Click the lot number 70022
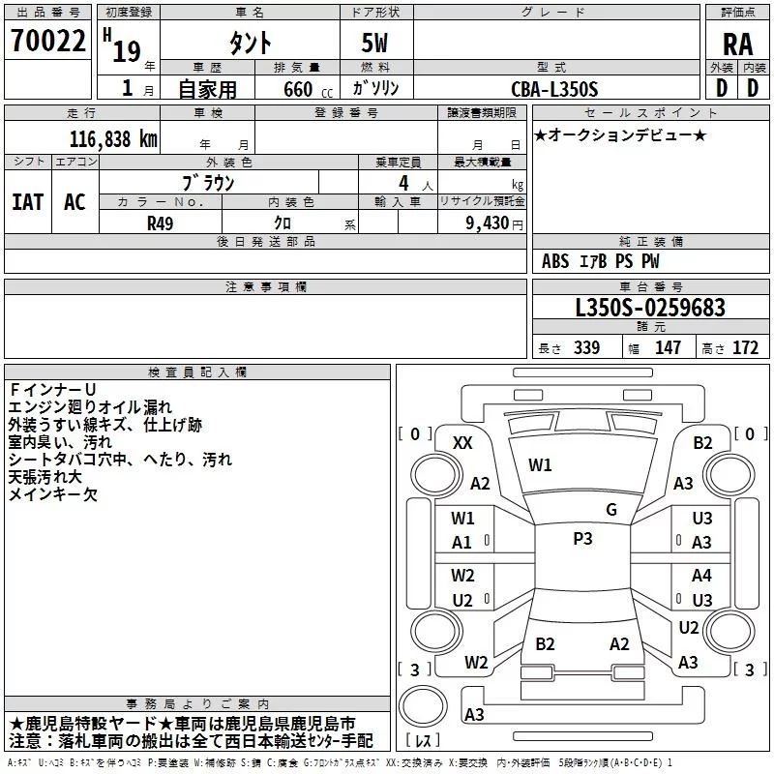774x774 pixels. point(46,43)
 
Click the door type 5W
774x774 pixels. point(375,44)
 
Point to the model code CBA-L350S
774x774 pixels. point(554,89)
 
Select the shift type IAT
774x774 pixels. point(27,202)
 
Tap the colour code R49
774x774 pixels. point(160,223)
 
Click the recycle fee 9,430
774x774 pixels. point(488,223)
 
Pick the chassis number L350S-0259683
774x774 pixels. point(649,308)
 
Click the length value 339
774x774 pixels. point(586,348)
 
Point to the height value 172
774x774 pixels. point(745,348)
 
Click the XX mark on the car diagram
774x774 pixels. point(462,442)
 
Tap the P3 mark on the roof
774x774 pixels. point(582,539)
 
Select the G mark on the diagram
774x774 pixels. point(610,510)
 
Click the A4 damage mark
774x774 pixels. point(701,576)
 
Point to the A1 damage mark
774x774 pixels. point(462,543)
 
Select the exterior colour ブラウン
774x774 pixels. point(208,183)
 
